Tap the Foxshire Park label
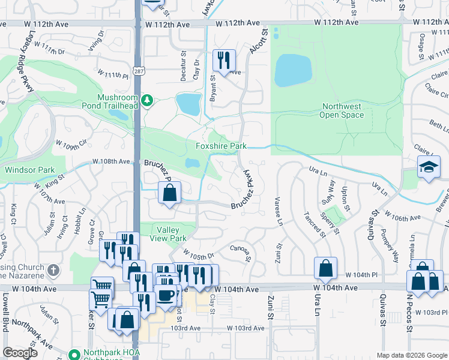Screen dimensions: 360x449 (x=221, y=146)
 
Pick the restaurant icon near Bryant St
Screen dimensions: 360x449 (x=224, y=60)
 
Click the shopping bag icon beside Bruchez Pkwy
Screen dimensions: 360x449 (x=170, y=193)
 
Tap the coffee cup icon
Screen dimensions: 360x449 (x=166, y=295)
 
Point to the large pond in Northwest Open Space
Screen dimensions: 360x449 (x=293, y=71)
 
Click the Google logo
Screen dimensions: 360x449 (x=20, y=353)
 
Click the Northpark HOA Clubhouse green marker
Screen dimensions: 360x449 (x=75, y=355)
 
